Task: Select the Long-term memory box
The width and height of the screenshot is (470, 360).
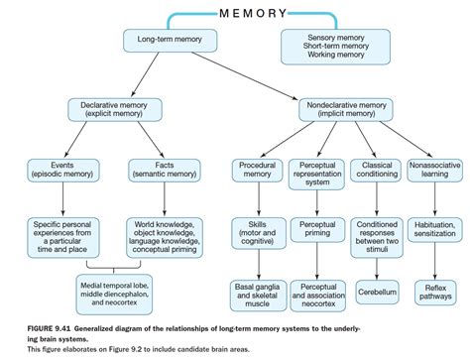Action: click(163, 42)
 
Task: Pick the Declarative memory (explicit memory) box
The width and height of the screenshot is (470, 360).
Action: click(111, 109)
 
